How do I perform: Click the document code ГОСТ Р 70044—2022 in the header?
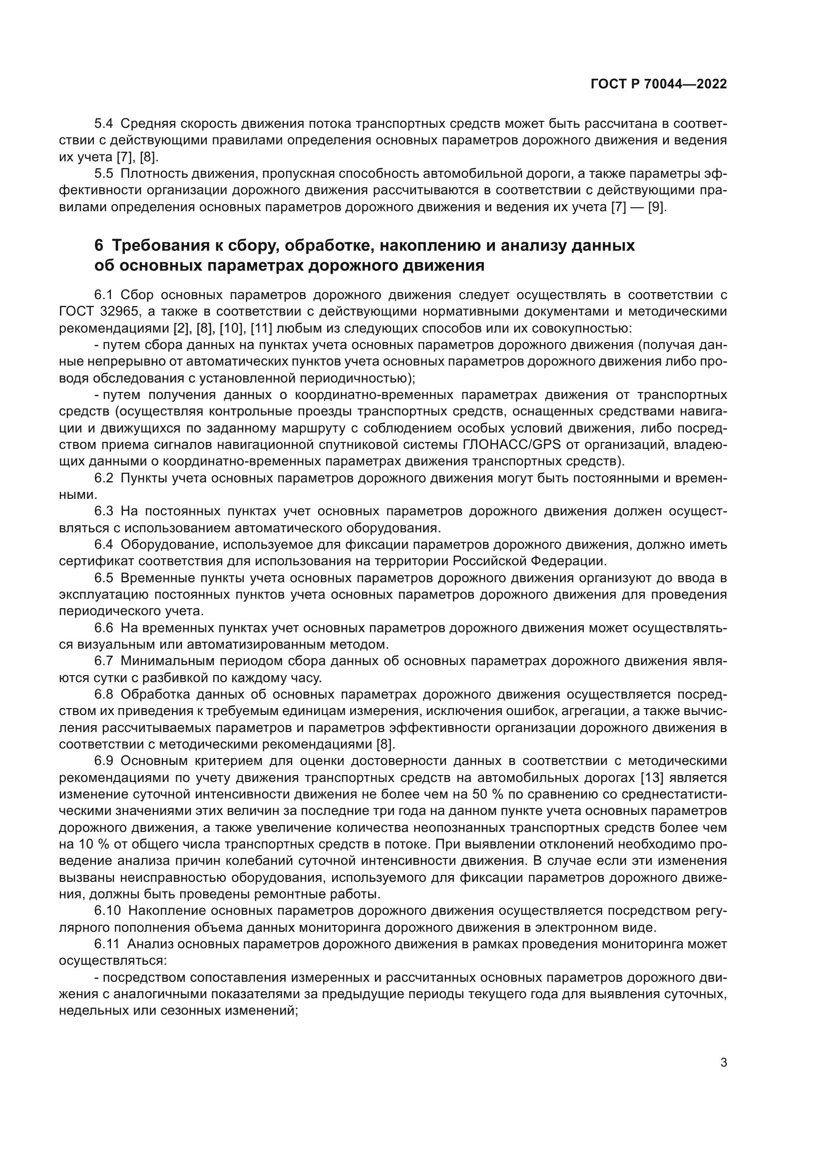(659, 84)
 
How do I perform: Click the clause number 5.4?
(104, 124)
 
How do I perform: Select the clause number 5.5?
(104, 174)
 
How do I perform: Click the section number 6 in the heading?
(99, 246)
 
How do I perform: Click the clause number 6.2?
(104, 478)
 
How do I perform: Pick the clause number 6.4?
(104, 545)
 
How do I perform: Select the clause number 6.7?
(104, 661)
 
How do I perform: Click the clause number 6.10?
(107, 911)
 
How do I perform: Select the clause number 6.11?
(107, 944)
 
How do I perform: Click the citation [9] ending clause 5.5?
(656, 208)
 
